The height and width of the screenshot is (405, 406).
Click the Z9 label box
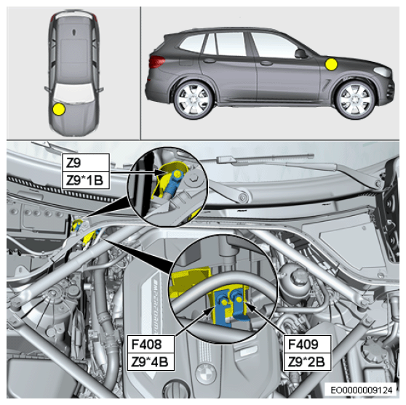[86, 162]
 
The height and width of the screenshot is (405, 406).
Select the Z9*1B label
[86, 180]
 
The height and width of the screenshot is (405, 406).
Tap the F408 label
[151, 344]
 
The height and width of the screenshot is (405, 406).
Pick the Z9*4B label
[151, 362]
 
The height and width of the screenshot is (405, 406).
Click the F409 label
[307, 344]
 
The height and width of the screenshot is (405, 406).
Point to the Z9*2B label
[307, 362]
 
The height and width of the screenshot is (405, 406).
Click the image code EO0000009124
[362, 390]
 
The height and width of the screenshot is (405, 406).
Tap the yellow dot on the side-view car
[331, 65]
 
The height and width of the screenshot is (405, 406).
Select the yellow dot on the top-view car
[59, 109]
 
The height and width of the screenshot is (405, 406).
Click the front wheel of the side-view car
[355, 100]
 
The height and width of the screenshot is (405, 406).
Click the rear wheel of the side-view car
[193, 100]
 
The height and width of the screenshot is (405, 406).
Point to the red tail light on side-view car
[156, 62]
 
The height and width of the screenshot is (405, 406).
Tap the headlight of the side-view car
[383, 71]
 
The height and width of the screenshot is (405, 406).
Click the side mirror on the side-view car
[300, 54]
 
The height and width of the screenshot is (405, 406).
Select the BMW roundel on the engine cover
[206, 374]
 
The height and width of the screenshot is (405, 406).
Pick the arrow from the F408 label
[196, 321]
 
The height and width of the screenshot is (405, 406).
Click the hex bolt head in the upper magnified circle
[194, 179]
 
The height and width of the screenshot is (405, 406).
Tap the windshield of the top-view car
[73, 92]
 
